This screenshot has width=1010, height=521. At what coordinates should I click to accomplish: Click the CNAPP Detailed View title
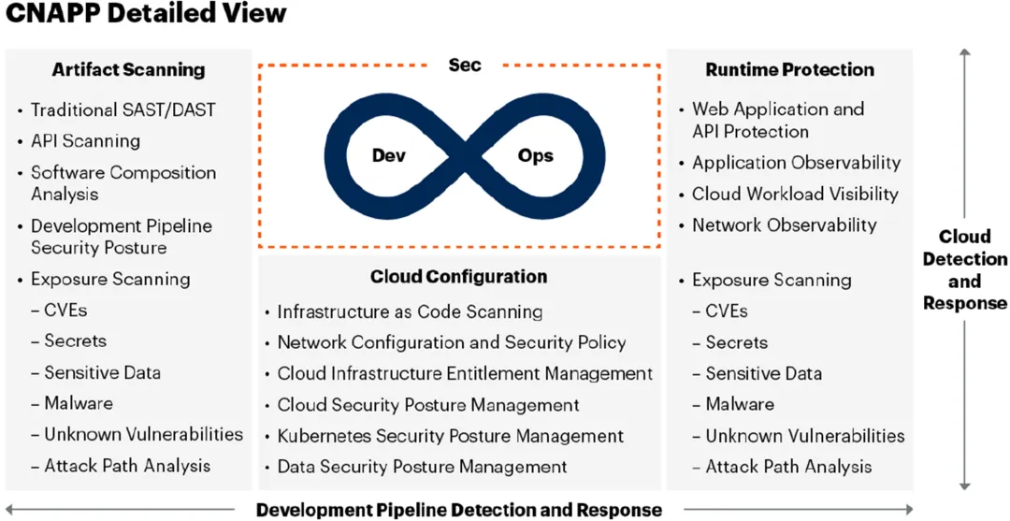pos(146,15)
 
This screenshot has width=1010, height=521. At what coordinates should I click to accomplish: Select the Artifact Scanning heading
pos(128,69)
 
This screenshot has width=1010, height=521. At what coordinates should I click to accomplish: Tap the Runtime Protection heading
pos(789,69)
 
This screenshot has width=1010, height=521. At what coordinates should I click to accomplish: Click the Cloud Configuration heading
pos(458,276)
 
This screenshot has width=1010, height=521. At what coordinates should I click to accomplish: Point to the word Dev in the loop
pos(388,156)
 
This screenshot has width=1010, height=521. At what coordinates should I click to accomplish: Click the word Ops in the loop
pos(536,156)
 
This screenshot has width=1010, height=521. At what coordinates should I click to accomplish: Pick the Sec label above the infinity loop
pos(465,65)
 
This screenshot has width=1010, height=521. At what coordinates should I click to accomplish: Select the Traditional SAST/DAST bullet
pos(123,109)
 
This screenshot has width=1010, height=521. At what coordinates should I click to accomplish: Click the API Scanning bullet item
pos(85,141)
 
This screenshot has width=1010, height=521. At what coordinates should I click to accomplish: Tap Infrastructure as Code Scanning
pos(410,311)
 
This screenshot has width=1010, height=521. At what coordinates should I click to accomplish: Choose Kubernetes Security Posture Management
pos(450,436)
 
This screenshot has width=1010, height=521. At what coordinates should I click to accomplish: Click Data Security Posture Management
pos(422,467)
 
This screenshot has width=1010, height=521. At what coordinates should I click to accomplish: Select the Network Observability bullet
pos(784,224)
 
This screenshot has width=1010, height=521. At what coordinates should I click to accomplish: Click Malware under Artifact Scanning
pos(79,403)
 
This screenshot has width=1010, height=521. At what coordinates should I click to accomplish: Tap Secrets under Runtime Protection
pos(736,342)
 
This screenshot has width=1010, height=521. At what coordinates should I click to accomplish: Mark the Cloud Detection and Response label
pos(964,269)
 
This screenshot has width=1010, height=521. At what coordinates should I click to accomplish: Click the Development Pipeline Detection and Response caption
pos(458,510)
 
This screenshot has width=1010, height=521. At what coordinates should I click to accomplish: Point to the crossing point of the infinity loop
pos(462,156)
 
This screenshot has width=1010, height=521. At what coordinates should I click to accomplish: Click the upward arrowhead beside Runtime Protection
pos(965,55)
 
